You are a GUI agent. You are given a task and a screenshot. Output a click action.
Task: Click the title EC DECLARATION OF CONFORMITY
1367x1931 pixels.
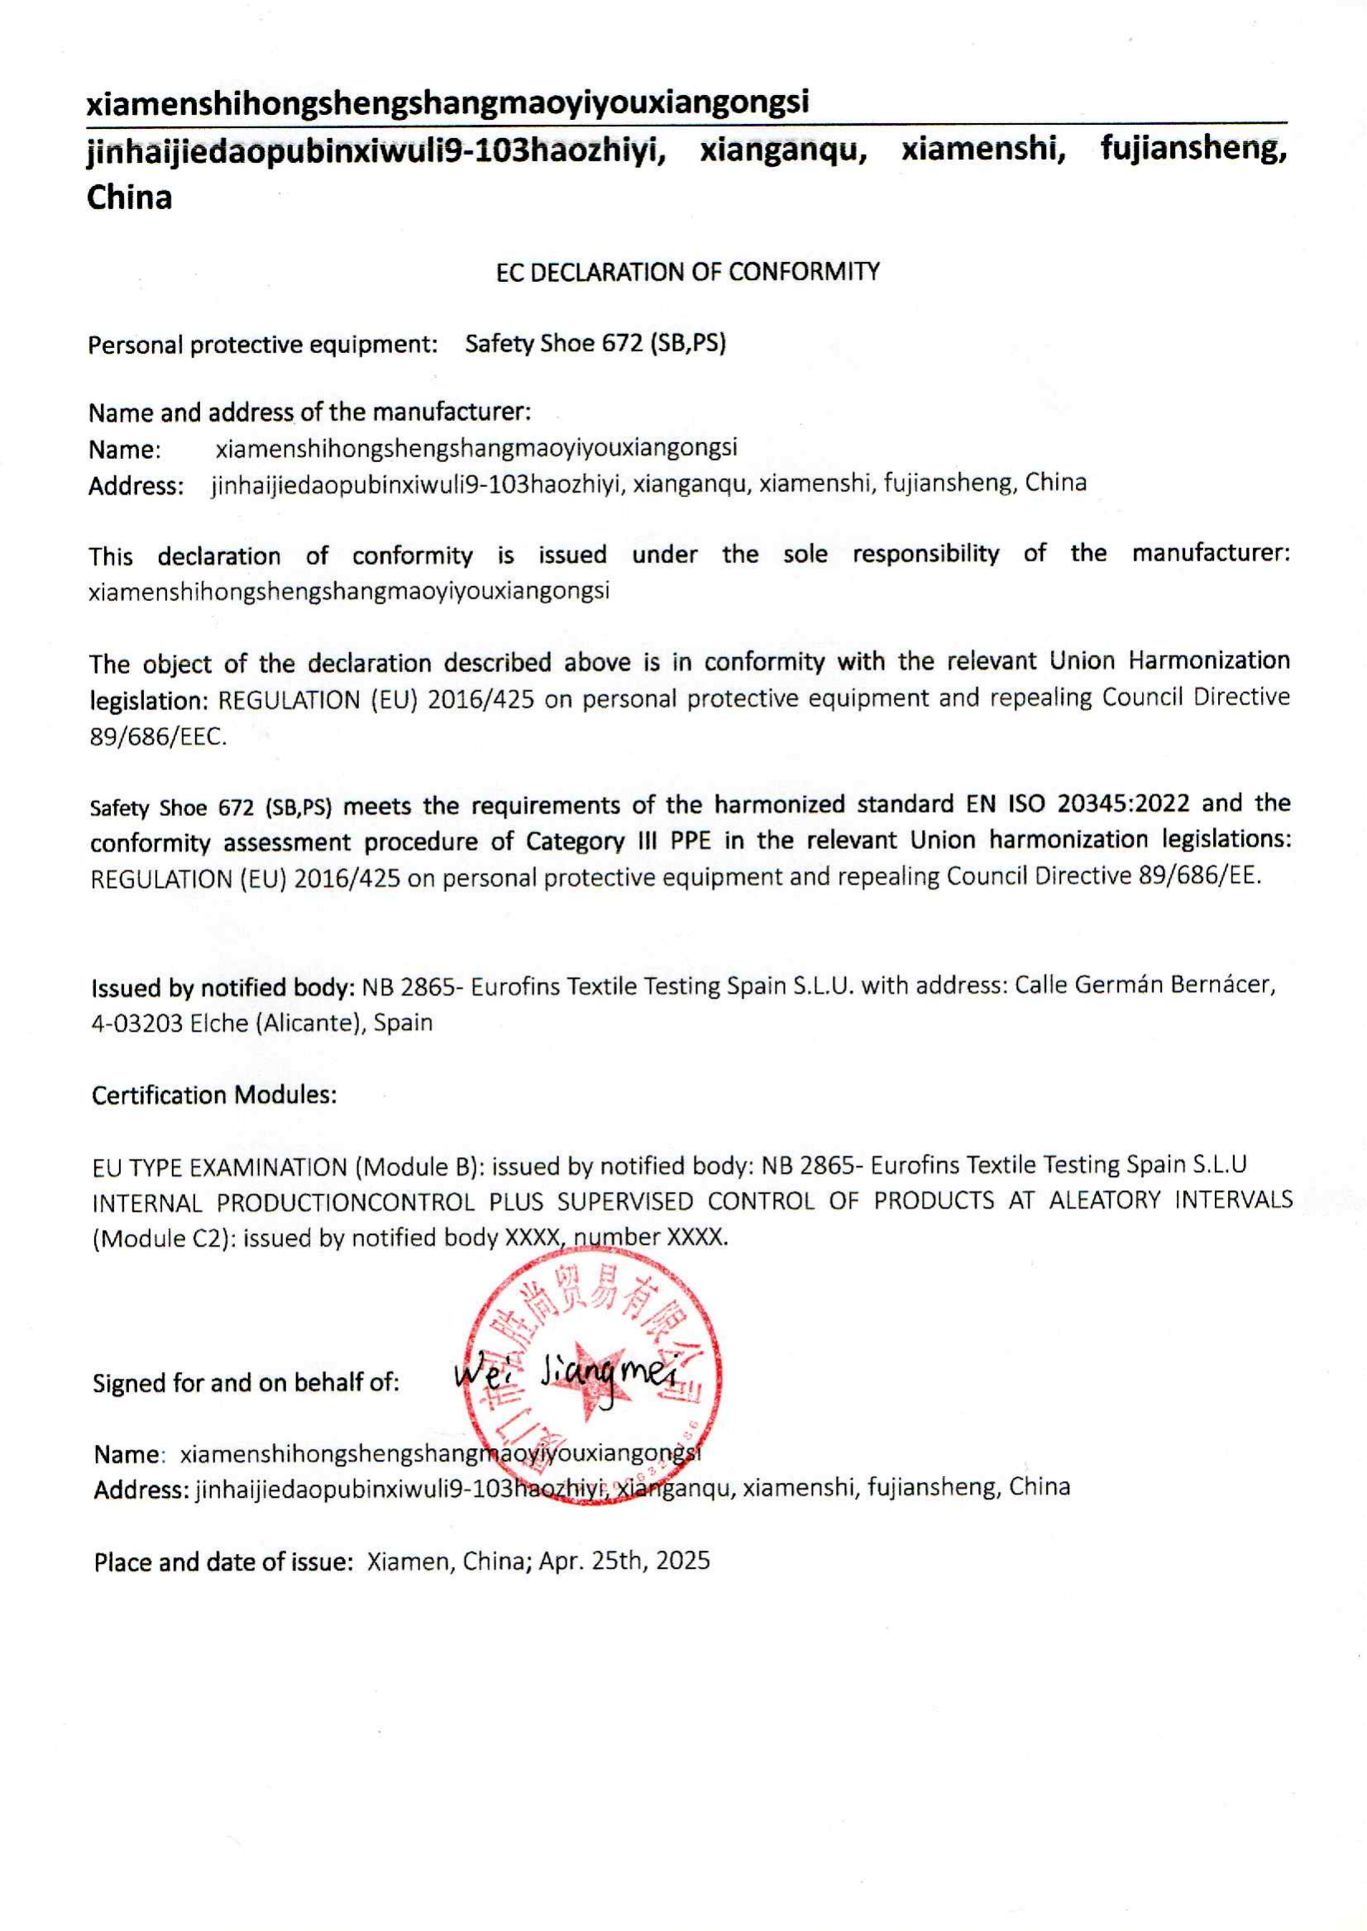tap(688, 273)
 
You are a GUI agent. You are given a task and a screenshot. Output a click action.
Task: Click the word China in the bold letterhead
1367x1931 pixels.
tap(130, 198)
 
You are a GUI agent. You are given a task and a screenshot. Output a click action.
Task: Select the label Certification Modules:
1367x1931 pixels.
tap(214, 1095)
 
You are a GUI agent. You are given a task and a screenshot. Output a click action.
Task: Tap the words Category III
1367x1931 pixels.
tap(591, 842)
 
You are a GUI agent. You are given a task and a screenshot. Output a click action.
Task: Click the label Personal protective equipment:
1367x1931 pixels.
tap(263, 345)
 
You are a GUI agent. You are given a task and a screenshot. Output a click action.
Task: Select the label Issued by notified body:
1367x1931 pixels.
tap(222, 987)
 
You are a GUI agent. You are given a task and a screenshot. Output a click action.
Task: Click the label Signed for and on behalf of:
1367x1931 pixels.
tap(246, 1383)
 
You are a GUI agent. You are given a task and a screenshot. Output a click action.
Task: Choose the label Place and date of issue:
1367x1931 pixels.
tap(223, 1562)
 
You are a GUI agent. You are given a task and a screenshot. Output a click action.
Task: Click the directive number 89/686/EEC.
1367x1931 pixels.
tap(157, 737)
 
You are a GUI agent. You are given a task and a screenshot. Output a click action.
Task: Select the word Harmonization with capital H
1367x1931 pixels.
tap(1209, 660)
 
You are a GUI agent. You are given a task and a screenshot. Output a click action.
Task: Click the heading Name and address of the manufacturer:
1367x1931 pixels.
tap(310, 412)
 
